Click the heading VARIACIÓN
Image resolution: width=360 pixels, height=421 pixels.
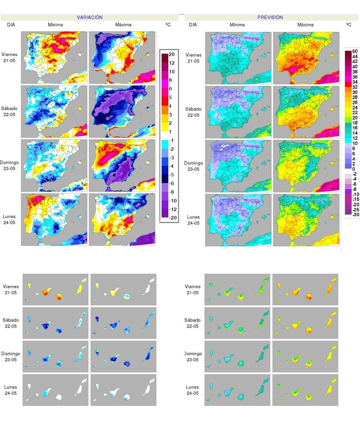click(90, 17)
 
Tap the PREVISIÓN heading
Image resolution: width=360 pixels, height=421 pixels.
click(270, 17)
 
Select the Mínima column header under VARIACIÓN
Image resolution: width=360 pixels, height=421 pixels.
click(56, 25)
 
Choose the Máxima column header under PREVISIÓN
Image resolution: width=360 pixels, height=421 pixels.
click(305, 25)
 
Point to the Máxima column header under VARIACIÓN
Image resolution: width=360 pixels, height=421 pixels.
click(123, 25)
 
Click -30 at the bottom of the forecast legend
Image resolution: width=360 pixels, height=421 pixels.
click(356, 214)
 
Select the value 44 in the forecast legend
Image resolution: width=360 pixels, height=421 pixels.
click(355, 57)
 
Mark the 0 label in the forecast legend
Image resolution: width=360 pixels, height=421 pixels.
click(353, 169)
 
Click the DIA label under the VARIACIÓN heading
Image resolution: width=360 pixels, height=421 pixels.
click(11, 25)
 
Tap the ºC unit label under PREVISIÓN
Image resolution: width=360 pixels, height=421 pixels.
click(349, 25)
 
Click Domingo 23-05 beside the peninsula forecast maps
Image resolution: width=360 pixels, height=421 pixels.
click(193, 166)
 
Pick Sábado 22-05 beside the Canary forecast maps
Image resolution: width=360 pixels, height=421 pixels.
click(192, 323)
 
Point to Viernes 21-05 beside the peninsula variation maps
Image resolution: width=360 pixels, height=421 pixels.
click(9, 57)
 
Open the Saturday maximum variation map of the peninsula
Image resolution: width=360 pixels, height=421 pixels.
click(122, 112)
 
